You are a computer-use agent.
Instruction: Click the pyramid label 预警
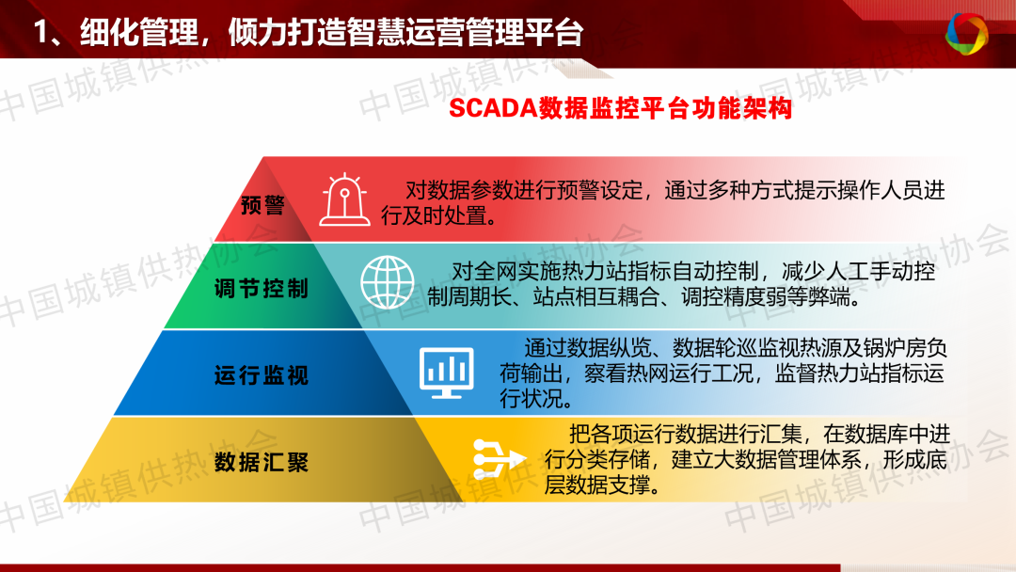tap(262, 205)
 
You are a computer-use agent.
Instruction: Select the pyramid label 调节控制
tap(262, 288)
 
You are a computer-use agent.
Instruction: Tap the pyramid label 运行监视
tap(262, 375)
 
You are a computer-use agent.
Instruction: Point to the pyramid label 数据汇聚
tap(262, 463)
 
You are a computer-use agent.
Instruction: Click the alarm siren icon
tap(344, 200)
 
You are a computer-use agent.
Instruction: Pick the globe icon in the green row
tap(388, 282)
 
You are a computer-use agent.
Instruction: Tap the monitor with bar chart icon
tap(447, 373)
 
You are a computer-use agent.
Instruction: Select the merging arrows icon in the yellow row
tap(499, 459)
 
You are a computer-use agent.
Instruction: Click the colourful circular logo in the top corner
tap(967, 33)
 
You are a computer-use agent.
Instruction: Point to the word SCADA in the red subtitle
tap(493, 108)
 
